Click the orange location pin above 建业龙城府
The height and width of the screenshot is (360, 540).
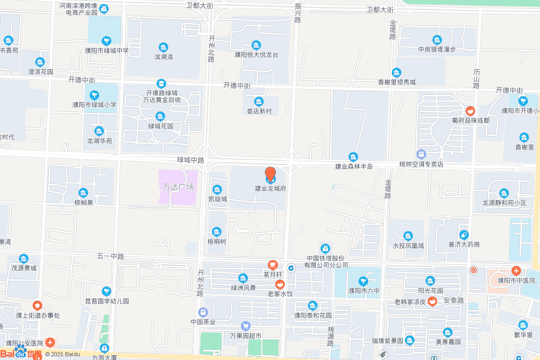point(270,174)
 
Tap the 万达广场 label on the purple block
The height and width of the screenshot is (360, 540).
point(178,187)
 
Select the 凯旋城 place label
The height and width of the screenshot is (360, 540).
point(217,199)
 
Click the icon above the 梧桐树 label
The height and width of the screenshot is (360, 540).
point(216,231)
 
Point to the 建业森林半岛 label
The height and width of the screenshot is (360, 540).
point(354,167)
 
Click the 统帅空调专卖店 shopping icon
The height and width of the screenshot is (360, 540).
point(421,154)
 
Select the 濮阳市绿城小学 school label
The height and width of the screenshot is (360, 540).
point(94,104)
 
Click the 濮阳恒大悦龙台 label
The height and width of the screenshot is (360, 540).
point(256,54)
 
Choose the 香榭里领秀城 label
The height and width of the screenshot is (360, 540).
point(397,82)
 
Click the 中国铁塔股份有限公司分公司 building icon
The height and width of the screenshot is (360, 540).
point(325,248)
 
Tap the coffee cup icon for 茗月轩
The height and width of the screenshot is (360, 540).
point(273,265)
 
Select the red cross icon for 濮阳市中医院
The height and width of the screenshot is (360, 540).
point(516,271)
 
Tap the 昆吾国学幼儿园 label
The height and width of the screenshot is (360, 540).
point(107,301)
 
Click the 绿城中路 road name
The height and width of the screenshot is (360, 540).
point(190,160)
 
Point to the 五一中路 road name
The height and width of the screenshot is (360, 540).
point(110,256)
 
